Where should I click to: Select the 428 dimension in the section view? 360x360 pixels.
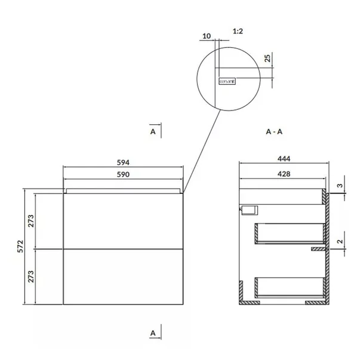[284, 174]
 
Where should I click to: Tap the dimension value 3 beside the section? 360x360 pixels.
[340, 186]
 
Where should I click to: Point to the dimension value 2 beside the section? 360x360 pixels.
[340, 242]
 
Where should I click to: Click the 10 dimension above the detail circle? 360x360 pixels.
[207, 36]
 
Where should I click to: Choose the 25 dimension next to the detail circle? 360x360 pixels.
[268, 58]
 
